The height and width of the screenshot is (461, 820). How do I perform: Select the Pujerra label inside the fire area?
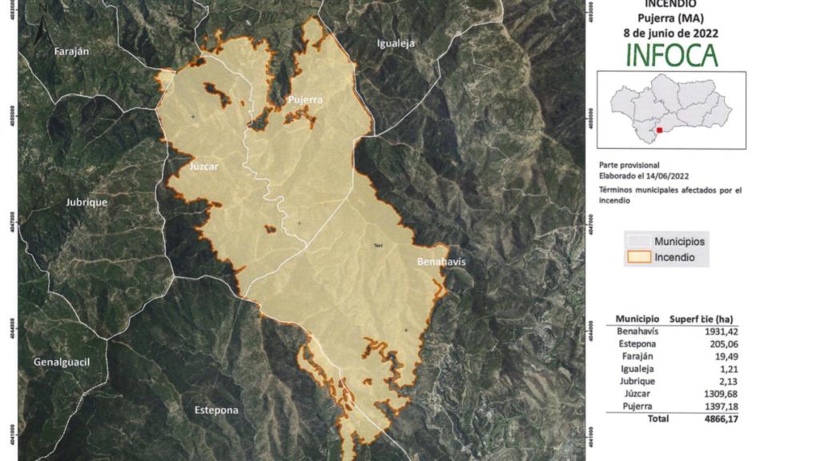click(x=305, y=100)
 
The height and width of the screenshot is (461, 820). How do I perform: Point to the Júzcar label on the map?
click(x=203, y=167)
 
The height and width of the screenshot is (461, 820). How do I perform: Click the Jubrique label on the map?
click(x=86, y=202)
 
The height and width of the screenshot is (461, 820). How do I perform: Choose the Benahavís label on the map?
click(x=441, y=262)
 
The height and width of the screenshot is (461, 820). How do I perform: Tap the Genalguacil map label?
click(x=61, y=363)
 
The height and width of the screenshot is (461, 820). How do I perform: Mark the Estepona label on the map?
click(x=216, y=411)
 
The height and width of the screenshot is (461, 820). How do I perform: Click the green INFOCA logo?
click(x=671, y=54)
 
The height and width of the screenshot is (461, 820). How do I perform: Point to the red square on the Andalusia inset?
click(x=659, y=130)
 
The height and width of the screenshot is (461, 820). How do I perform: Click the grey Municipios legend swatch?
click(x=638, y=241)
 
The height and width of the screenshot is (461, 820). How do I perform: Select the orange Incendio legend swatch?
click(x=638, y=258)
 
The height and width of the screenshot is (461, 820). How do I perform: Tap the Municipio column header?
click(x=637, y=318)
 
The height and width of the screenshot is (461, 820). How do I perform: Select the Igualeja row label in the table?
click(x=637, y=369)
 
